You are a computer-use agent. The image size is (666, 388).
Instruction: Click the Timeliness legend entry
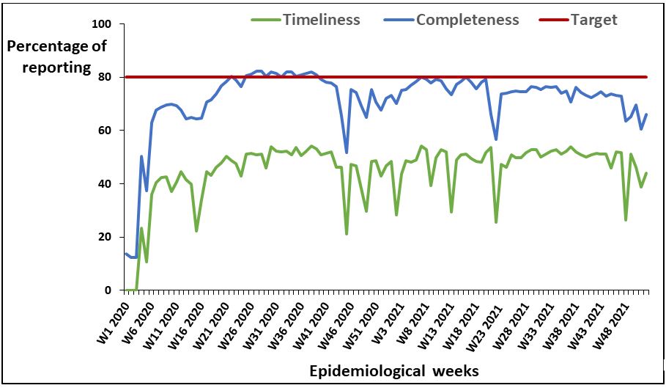tap(321, 20)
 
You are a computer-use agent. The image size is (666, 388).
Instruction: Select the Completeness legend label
tap(467, 20)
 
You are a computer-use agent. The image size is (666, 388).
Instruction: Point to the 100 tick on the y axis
tap(101, 24)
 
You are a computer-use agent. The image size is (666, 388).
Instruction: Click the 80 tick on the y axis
tap(104, 77)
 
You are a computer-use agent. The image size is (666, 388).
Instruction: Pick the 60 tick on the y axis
tap(104, 131)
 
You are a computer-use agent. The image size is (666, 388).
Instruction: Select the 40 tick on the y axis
tap(104, 183)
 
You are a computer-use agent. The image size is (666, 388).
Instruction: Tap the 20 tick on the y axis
tap(104, 237)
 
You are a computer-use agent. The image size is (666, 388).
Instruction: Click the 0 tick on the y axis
tap(107, 290)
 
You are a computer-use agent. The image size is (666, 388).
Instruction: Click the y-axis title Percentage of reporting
tap(56, 57)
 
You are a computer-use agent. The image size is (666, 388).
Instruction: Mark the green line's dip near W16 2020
tap(196, 231)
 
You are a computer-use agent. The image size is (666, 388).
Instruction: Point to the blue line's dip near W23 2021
tap(496, 139)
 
